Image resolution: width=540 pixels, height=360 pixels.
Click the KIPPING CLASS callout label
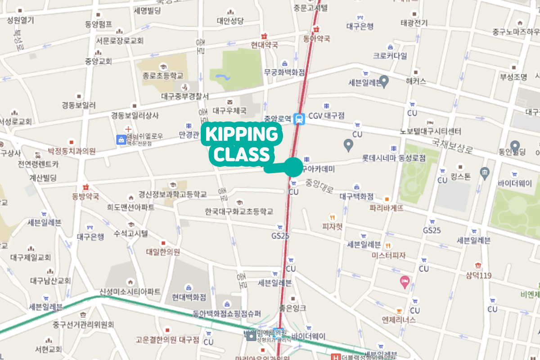(242, 144)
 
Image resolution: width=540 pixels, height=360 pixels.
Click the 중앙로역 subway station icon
(298, 119)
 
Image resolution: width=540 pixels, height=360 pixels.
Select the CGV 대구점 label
(326, 116)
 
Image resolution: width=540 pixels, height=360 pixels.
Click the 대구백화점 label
(356, 196)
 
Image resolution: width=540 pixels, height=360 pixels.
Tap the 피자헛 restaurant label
(333, 226)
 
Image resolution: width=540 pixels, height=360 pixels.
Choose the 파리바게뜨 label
(387, 208)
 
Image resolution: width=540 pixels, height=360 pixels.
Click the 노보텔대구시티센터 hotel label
(431, 132)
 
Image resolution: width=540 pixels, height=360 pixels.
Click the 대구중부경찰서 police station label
(184, 96)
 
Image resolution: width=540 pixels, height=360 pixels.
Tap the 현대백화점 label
(189, 297)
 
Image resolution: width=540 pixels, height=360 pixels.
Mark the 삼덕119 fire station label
(479, 275)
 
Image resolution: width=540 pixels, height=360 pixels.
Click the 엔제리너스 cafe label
(398, 319)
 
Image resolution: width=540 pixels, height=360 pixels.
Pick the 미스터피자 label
(388, 255)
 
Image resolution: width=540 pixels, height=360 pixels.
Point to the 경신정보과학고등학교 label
(172, 194)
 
